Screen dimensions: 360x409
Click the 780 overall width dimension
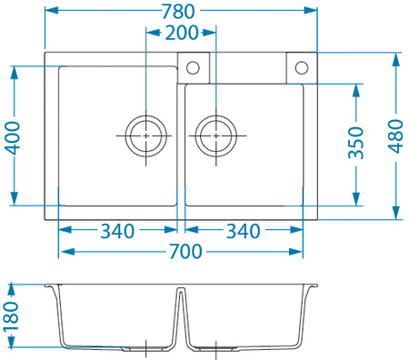182,12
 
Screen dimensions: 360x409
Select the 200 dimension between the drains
182,34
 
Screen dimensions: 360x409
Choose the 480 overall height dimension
395,136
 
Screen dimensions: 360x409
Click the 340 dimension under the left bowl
118,231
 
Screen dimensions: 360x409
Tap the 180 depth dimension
11,315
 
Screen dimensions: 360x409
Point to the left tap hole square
194,67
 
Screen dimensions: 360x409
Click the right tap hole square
302,67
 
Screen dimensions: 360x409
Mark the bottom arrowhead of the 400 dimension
14,201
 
